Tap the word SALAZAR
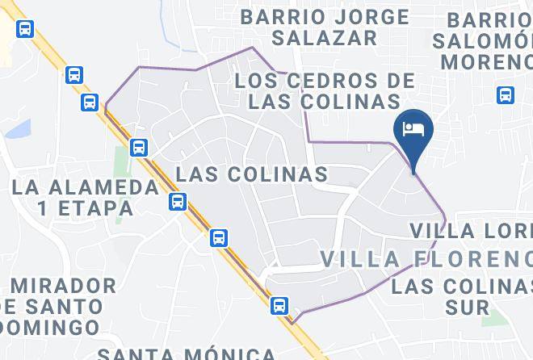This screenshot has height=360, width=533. click(325, 37)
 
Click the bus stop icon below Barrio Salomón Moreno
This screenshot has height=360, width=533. click(506, 95)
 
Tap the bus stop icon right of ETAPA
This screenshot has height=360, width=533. click(178, 202)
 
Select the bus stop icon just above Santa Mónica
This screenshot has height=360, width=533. click(279, 305)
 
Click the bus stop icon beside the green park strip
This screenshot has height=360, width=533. click(139, 148)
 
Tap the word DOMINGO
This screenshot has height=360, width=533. click(49, 328)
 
